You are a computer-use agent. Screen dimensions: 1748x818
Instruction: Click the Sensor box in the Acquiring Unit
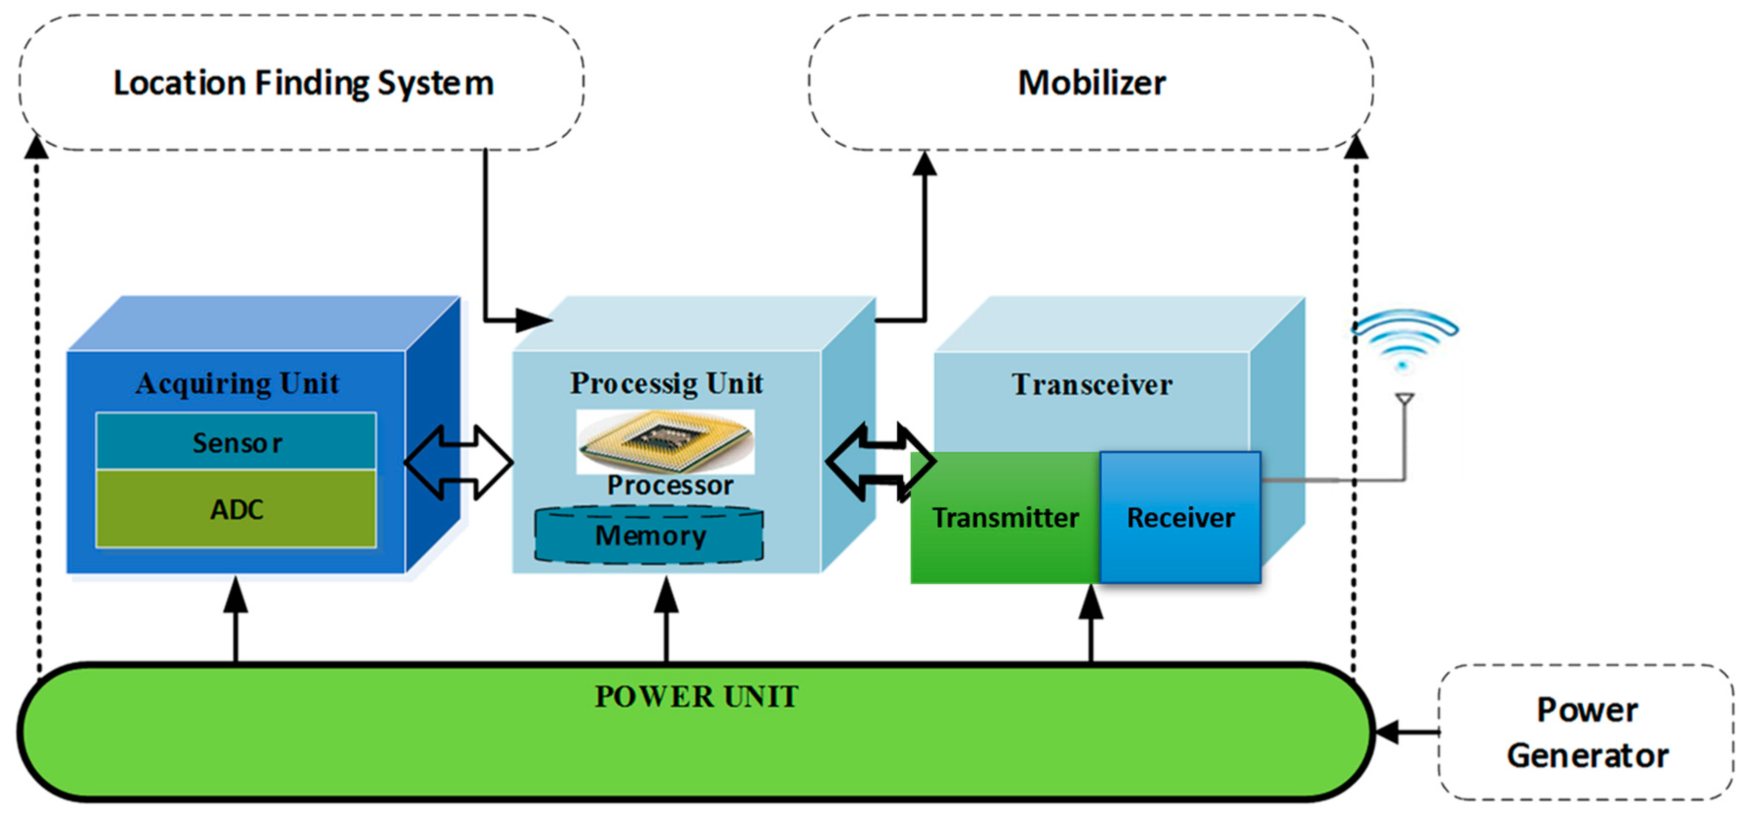(x=236, y=441)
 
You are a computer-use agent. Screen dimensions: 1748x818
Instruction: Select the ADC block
(x=236, y=509)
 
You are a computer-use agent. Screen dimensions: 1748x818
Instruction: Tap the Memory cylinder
(x=649, y=535)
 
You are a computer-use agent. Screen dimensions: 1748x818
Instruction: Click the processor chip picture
(x=665, y=441)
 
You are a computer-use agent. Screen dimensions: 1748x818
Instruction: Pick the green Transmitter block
(x=1005, y=517)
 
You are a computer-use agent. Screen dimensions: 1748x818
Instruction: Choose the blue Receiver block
(x=1181, y=517)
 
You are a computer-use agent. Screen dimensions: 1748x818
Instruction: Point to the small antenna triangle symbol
(x=1404, y=399)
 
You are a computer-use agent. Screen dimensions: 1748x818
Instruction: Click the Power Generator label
(x=1587, y=732)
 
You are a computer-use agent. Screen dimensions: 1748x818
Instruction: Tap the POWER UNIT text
(x=696, y=696)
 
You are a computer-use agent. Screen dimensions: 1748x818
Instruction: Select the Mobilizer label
(x=1092, y=83)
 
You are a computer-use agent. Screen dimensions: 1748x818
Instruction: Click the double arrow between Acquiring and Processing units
(x=459, y=462)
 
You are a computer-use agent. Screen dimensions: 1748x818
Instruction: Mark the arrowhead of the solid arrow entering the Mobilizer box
(x=924, y=163)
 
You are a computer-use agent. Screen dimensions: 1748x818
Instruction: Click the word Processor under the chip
(x=670, y=485)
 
